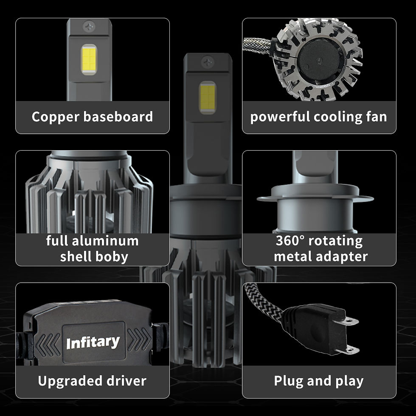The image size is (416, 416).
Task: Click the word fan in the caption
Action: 375,117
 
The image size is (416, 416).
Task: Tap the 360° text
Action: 290,241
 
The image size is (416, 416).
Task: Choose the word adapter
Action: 343,257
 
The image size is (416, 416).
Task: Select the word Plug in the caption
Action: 288,381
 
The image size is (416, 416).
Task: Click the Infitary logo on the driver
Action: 93,342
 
